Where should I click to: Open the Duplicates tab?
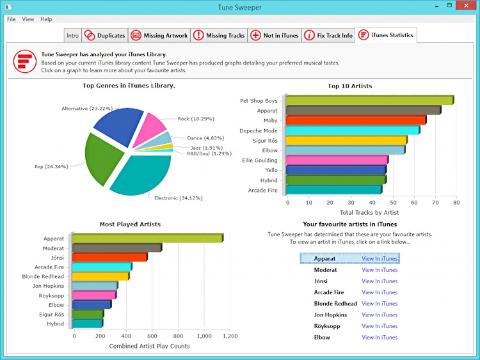coord(105,36)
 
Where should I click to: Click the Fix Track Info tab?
coord(328,36)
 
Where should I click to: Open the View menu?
coord(28,19)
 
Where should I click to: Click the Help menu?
coord(46,19)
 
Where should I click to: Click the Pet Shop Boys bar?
coord(369,100)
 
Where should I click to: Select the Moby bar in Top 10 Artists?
coord(355,120)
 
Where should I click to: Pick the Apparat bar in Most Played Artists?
coord(147,239)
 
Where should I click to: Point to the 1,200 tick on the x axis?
coord(230,336)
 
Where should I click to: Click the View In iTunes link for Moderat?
coord(380,270)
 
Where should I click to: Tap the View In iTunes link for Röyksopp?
coord(380,326)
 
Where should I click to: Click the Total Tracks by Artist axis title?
coord(369,212)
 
